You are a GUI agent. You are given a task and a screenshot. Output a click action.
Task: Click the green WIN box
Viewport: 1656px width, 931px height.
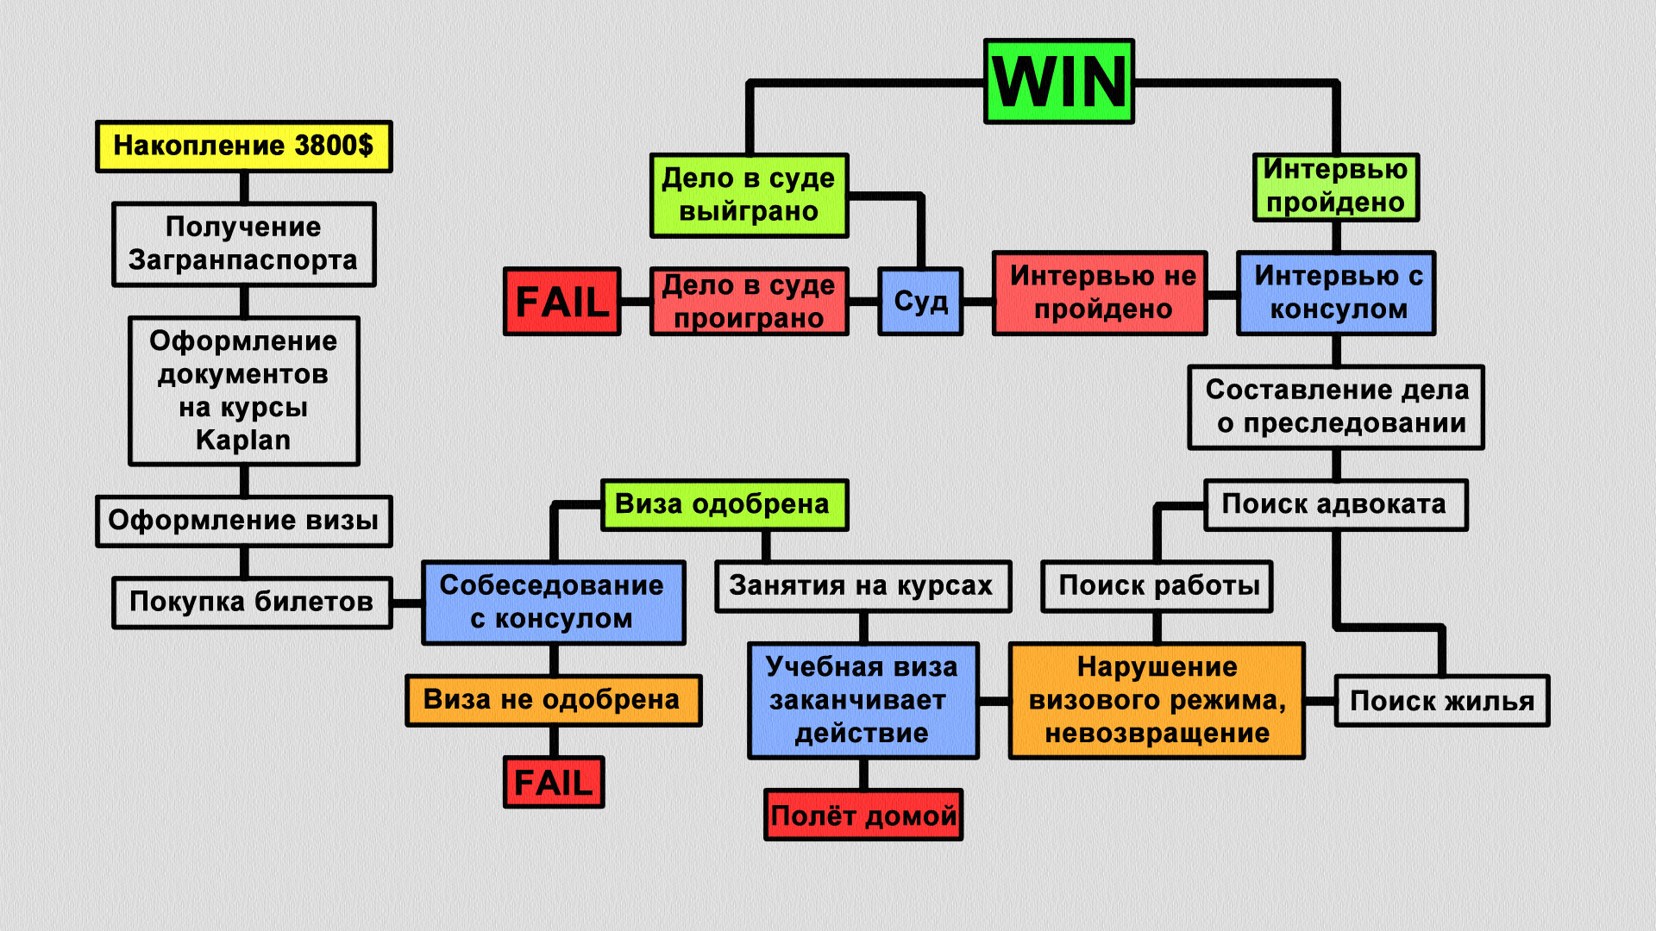tap(1058, 82)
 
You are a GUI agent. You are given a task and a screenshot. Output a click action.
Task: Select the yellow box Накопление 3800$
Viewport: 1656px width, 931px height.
tap(243, 147)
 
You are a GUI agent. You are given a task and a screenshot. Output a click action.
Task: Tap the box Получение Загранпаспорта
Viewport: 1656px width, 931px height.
tap(243, 244)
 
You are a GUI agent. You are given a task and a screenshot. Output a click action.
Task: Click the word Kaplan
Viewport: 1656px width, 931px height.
tap(243, 441)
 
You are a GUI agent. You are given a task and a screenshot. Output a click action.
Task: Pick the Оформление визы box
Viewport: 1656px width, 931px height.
tap(243, 521)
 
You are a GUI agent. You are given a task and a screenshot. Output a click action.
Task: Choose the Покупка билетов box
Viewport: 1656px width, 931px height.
tap(251, 602)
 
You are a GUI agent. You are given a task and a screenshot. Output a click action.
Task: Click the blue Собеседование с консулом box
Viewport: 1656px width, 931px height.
tap(553, 603)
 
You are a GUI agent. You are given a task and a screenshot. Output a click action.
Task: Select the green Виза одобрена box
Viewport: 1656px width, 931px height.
tap(724, 504)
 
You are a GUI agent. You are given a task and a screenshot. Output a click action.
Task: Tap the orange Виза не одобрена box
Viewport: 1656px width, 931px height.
tap(553, 700)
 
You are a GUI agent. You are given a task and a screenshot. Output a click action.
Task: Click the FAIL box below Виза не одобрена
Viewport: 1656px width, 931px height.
tap(553, 783)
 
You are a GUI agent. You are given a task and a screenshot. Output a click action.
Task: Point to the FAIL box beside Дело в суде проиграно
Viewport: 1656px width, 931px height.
tap(561, 302)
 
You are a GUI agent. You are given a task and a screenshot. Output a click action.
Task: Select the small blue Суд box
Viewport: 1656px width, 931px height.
tap(920, 302)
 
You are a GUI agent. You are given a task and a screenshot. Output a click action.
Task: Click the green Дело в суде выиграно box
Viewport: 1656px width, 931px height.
tap(749, 196)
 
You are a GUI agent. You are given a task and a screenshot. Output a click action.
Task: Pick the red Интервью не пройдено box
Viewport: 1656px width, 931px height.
tap(1100, 293)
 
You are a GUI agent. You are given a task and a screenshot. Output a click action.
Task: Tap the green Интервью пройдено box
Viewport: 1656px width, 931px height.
tap(1335, 187)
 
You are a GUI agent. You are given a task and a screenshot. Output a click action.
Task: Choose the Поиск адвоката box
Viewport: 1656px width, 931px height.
tap(1335, 504)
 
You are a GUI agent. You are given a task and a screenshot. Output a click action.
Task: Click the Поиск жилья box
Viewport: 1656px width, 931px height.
tap(1441, 702)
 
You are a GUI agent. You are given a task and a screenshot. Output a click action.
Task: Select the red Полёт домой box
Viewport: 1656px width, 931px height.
tap(863, 815)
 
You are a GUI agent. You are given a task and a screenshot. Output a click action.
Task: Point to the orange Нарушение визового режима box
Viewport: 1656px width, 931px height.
tap(1157, 700)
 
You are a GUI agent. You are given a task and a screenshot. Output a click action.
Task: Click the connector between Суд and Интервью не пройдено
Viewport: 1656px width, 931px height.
tap(977, 302)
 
